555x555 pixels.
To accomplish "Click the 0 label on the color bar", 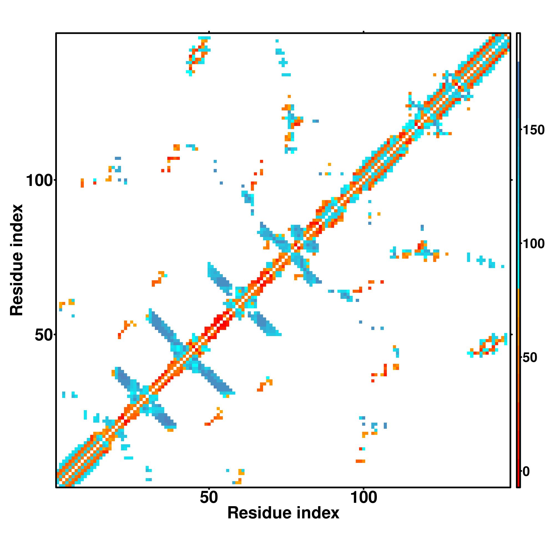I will [526, 471].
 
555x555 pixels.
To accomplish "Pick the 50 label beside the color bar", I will [529, 358].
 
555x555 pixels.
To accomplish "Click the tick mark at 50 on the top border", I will [209, 32].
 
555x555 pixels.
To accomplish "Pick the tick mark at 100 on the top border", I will [364, 32].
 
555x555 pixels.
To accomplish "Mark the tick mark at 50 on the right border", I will [512, 334].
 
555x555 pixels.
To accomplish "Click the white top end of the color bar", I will [519, 47].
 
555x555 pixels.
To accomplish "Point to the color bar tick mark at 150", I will [521, 130].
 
